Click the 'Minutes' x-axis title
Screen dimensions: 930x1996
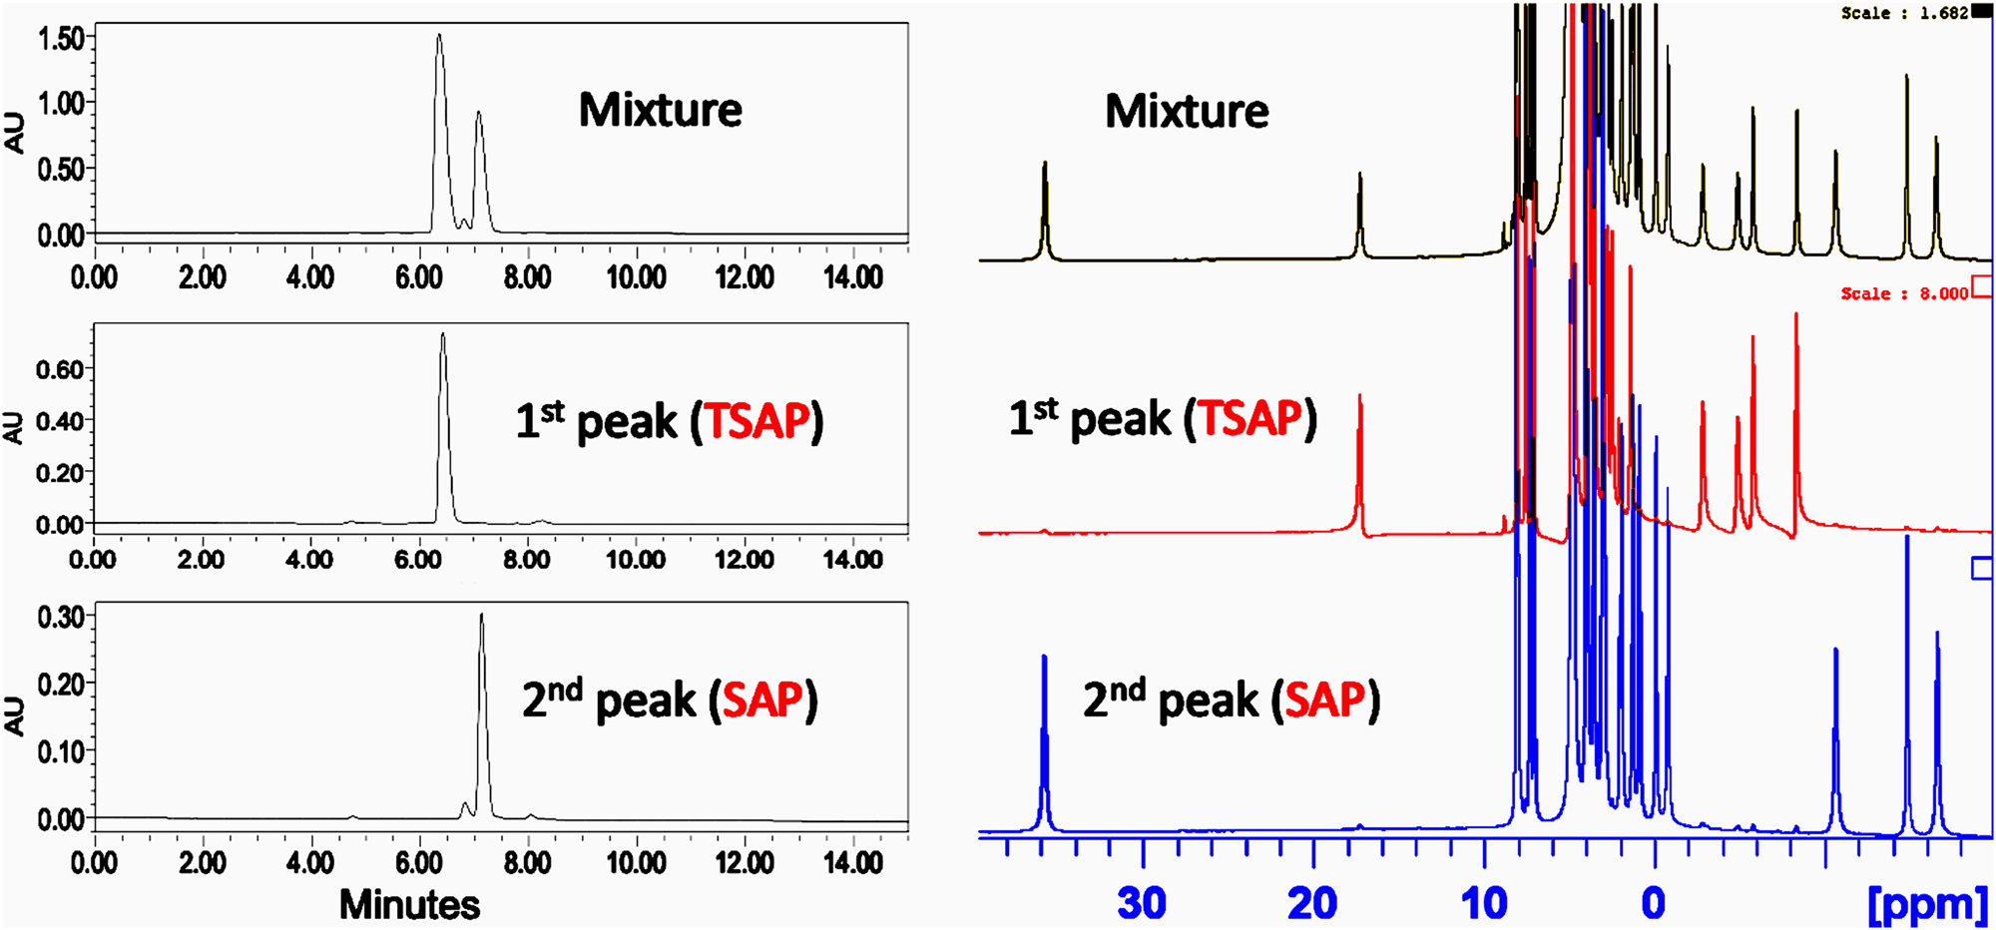tap(409, 905)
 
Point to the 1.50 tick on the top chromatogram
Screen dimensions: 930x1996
tap(60, 38)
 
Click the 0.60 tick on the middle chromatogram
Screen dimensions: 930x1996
tap(60, 369)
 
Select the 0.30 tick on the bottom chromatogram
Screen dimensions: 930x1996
tap(60, 617)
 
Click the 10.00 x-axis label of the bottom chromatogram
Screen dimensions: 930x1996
tap(637, 862)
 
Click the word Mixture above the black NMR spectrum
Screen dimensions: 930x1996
tap(1187, 111)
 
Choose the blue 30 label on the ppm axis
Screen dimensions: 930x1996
tap(1142, 904)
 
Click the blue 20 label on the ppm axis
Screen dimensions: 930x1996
tap(1312, 904)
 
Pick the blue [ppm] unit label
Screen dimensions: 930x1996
tap(1927, 904)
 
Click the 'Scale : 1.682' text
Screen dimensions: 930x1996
tap(1904, 13)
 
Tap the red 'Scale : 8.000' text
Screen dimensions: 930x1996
tap(1904, 293)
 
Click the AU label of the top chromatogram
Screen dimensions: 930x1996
tap(14, 133)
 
